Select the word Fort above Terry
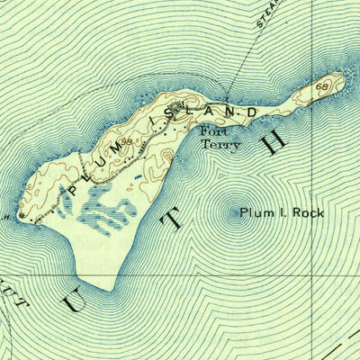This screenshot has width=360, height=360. point(214,131)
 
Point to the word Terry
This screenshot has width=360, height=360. point(220,144)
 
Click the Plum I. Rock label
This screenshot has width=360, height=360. point(280,212)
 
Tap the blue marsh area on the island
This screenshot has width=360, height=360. point(99,212)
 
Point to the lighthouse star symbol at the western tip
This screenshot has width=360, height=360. point(19,217)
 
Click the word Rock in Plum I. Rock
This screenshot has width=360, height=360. point(303,212)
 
